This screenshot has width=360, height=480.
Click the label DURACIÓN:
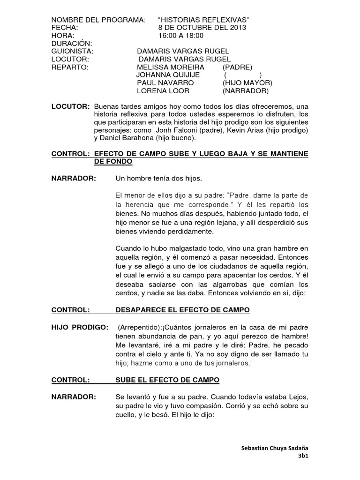tap(71, 43)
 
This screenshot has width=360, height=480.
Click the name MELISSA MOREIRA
tap(171, 67)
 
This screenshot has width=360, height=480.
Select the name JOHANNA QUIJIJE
tap(168, 75)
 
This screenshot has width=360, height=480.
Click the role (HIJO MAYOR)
tap(247, 83)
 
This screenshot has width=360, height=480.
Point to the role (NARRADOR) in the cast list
tap(246, 91)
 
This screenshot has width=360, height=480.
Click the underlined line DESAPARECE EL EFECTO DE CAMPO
tap(183, 310)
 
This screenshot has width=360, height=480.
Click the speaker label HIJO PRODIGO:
tap(80, 326)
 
